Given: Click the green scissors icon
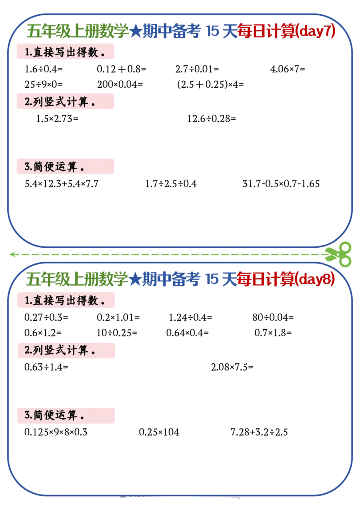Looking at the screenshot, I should coord(338,253).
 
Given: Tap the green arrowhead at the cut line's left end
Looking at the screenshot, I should coord(13,254).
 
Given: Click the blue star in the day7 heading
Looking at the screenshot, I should coord(135,32).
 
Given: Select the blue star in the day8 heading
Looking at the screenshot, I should coord(135,280).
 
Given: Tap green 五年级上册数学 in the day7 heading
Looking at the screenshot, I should coord(77,32).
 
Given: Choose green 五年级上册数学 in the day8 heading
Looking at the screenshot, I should coord(77,280).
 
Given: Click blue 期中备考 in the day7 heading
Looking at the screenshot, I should coord(171,32).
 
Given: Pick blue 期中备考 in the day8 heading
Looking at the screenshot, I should coord(171,280).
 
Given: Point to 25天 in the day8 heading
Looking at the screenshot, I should coord(220,280).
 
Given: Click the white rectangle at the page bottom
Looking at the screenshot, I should coord(178,503).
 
